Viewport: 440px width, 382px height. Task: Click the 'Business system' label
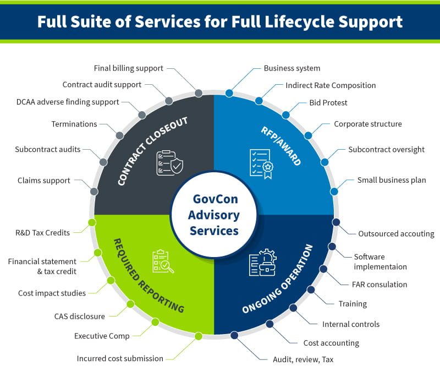pos(291,68)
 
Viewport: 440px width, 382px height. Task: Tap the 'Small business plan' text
pos(391,180)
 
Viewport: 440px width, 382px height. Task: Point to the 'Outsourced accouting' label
pos(396,233)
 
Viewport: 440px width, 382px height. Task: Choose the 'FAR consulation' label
pos(380,285)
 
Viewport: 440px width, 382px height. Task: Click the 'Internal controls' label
pos(350,324)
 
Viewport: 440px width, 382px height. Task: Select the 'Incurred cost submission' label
pos(120,359)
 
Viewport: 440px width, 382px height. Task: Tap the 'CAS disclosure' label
pos(79,316)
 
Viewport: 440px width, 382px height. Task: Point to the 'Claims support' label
pos(43,180)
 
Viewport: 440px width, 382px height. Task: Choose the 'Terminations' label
pos(74,124)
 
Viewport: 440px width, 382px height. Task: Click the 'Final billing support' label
pos(129,68)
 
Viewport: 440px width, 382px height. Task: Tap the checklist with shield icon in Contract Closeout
pos(169,163)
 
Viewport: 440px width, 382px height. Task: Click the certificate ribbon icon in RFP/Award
pos(261,163)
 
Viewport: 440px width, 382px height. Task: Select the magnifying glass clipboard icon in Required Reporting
pos(163,262)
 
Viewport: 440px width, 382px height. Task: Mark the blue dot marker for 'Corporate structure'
pos(308,135)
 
